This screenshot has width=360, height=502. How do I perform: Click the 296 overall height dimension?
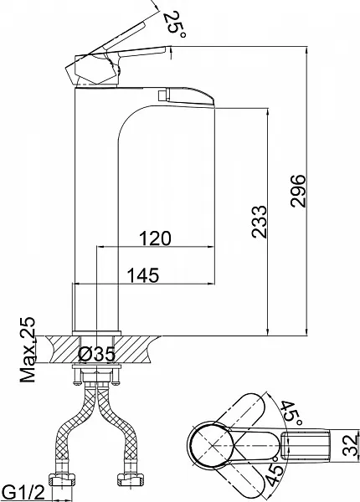point(299,191)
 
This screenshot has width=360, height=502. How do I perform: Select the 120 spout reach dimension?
point(155,238)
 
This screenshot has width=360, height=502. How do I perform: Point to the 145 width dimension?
point(143,275)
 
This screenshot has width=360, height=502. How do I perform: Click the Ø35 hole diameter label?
point(97,355)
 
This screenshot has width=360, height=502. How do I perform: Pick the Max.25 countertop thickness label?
point(28,350)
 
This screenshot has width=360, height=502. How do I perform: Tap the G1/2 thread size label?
point(23,492)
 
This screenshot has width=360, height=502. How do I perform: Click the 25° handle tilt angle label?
point(174,24)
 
